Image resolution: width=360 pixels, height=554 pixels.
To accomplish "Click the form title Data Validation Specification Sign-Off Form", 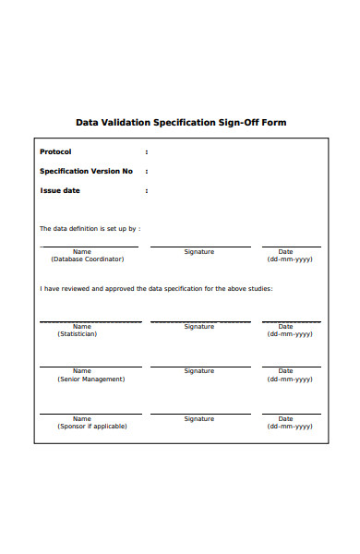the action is coord(180,122).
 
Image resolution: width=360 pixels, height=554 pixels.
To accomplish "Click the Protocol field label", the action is coord(55,151).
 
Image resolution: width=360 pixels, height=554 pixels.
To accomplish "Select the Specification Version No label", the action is coord(86,171).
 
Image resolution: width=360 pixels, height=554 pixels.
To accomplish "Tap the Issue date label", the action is coord(60,190).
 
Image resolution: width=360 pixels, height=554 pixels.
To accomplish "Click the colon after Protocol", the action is coord(146,151).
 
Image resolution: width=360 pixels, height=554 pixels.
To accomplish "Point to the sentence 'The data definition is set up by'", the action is coord(90,228).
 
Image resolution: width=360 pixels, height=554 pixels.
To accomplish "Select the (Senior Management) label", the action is coord(90,379).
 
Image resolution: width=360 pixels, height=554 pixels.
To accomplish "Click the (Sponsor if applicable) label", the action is coord(92,427).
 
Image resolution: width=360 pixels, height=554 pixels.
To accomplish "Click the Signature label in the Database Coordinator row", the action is coord(198,251).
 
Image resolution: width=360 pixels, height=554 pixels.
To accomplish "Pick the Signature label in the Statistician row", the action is coord(198,326).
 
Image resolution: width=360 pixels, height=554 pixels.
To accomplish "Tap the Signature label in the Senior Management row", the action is coord(198,370).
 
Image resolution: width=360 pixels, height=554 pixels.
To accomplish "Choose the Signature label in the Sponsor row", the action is coord(198,418).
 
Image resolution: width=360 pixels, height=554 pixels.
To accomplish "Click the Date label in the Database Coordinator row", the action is coord(286,251).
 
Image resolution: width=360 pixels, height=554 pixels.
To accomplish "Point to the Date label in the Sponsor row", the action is coord(286,418).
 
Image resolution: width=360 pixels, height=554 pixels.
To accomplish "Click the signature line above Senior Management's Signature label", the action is coord(199,367).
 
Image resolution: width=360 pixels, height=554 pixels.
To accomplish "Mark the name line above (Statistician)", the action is coord(90,321).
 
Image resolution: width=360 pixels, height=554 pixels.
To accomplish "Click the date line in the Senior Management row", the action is coord(292,367).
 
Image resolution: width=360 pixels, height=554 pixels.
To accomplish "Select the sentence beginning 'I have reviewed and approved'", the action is coord(155,288).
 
